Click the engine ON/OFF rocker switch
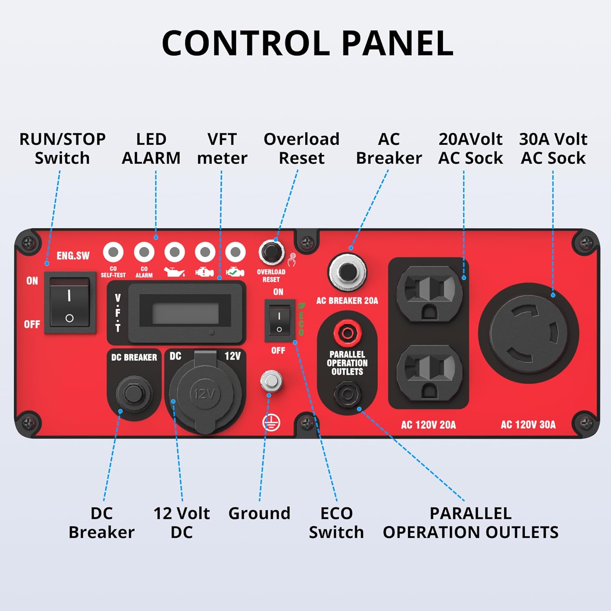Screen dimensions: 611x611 (x=69, y=303)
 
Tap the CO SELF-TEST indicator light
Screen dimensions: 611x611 (x=113, y=252)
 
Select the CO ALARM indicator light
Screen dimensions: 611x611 (x=144, y=252)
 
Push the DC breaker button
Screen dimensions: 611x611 (x=132, y=393)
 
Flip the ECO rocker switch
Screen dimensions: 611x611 (x=279, y=321)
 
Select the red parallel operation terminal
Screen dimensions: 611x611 (x=347, y=333)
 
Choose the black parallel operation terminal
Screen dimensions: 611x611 (x=347, y=394)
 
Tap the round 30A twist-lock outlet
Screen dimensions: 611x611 (x=528, y=333)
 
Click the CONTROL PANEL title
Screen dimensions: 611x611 (x=308, y=43)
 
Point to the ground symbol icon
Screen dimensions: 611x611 (x=271, y=423)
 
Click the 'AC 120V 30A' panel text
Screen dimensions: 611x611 (x=528, y=425)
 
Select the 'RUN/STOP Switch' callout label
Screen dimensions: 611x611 (x=62, y=149)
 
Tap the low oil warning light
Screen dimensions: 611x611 (x=174, y=252)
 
